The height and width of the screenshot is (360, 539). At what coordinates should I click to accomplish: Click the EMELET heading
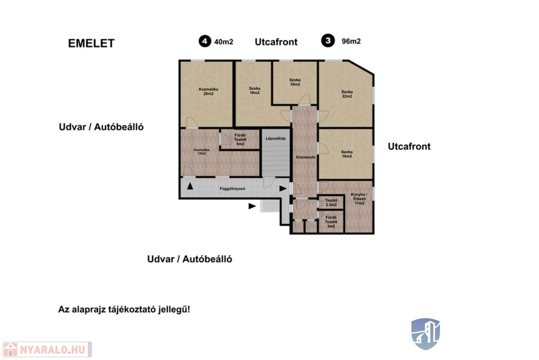pyautogui.click(x=91, y=43)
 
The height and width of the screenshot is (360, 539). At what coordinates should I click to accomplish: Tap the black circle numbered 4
pyautogui.click(x=205, y=41)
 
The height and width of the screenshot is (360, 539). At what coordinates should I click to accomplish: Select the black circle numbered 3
pyautogui.click(x=328, y=41)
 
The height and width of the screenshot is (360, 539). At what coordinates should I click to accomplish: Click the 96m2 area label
pyautogui.click(x=351, y=41)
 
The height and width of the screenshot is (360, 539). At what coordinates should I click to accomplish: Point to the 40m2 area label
pyautogui.click(x=223, y=42)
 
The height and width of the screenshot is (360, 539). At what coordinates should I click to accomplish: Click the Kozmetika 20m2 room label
pyautogui.click(x=208, y=92)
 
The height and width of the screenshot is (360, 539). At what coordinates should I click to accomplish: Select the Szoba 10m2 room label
pyautogui.click(x=295, y=82)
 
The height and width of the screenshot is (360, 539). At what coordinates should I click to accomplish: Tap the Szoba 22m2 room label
pyautogui.click(x=347, y=94)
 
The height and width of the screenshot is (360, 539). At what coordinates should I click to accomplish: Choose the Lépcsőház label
pyautogui.click(x=276, y=138)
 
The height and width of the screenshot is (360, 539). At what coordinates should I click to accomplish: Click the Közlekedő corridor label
pyautogui.click(x=306, y=157)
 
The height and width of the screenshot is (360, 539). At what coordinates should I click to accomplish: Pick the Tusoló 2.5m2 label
pyautogui.click(x=331, y=203)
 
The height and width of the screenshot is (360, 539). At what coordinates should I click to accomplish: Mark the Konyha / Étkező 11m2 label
pyautogui.click(x=359, y=199)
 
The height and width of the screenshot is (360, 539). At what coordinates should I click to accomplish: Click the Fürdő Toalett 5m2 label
pyautogui.click(x=240, y=139)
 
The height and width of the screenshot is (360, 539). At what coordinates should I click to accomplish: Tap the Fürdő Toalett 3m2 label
pyautogui.click(x=331, y=222)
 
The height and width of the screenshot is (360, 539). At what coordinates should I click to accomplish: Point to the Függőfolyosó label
pyautogui.click(x=232, y=189)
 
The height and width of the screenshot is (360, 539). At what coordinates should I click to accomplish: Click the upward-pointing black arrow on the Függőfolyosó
pyautogui.click(x=189, y=186)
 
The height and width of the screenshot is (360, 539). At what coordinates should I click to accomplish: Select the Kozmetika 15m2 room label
pyautogui.click(x=202, y=152)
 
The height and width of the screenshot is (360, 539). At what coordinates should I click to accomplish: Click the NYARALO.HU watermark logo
pyautogui.click(x=47, y=349)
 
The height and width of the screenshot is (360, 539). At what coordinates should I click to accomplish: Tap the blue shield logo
pyautogui.click(x=425, y=334)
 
